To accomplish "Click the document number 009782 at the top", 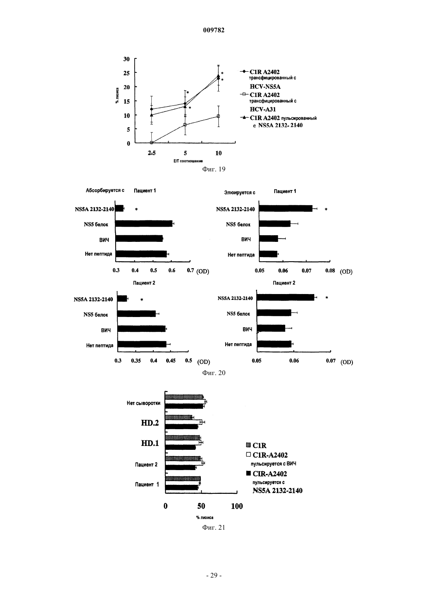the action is point(214,30).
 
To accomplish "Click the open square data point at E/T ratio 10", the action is point(218,116).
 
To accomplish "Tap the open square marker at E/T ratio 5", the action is point(185,125).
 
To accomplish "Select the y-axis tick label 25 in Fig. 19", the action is point(126,73).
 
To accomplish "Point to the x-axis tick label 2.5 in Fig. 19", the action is point(152,153).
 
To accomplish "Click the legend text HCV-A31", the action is point(263,109).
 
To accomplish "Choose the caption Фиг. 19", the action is point(214,169).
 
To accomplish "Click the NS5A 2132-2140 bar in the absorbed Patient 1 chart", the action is point(119,208).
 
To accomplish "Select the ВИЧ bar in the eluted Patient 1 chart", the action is point(268,239).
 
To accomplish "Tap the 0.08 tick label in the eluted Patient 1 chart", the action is point(330,271).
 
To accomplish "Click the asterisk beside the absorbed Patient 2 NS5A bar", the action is point(142,300).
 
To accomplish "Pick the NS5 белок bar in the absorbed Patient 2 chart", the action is point(137,314).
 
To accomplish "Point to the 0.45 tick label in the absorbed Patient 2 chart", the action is point(171,361).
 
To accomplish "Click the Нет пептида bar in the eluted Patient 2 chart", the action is point(274,344).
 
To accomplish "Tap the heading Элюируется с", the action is point(240,193).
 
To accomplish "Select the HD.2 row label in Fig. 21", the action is point(150,423).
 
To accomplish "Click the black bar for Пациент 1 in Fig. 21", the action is point(182,488).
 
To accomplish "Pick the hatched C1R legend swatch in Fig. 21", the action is point(248,445).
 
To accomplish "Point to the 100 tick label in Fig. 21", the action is point(237,506).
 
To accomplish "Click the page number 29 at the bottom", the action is point(214,576).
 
